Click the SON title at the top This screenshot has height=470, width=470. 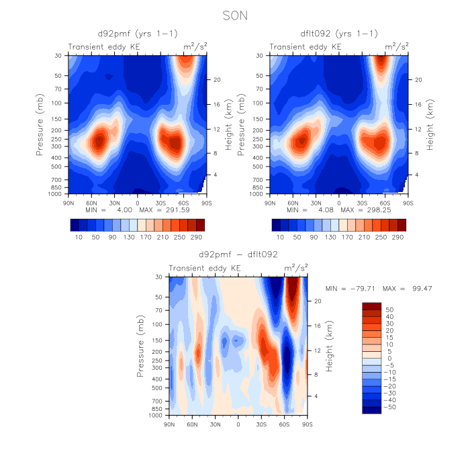point(234,13)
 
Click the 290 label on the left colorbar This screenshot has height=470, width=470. point(196,238)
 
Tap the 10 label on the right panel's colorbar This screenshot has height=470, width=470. point(280,238)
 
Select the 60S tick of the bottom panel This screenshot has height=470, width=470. point(285,424)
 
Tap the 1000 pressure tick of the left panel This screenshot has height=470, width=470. point(54,193)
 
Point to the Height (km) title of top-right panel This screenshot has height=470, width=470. point(429,124)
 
